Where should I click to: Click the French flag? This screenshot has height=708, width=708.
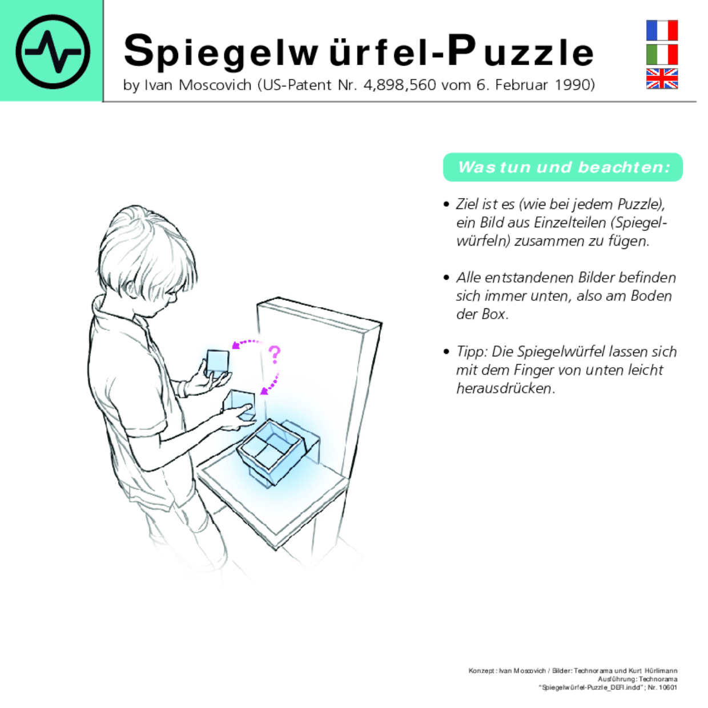[662, 30]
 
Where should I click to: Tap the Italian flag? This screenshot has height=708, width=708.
[662, 55]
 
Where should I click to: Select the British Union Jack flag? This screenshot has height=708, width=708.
[662, 79]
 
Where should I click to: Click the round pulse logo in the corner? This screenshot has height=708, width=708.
[53, 51]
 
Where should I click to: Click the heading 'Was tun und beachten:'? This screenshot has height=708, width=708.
[563, 167]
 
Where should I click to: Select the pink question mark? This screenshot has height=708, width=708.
[275, 355]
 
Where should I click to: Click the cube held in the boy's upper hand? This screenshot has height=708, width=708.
[218, 362]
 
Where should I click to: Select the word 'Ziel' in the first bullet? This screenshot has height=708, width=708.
[468, 204]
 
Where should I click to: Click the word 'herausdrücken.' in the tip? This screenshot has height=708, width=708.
[505, 389]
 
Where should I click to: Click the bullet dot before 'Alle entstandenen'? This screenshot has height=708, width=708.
[446, 278]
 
